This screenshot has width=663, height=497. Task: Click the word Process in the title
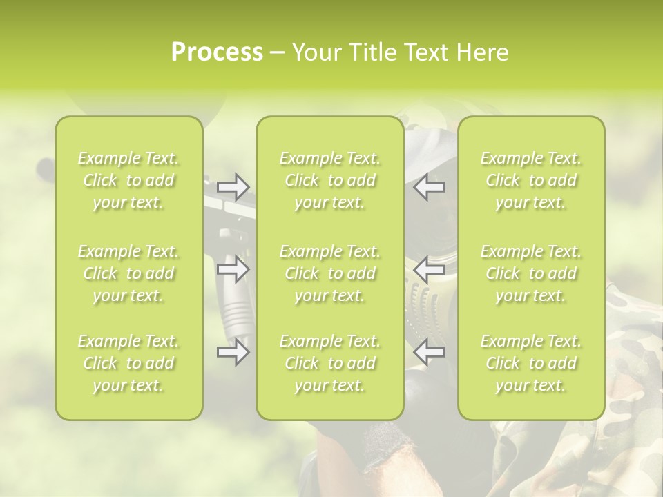pyautogui.click(x=217, y=52)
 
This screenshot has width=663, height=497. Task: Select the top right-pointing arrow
pyautogui.click(x=233, y=186)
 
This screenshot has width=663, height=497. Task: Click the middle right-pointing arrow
pyautogui.click(x=233, y=269)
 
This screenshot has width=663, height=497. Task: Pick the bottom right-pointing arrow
pyautogui.click(x=233, y=353)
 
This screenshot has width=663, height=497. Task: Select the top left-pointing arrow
pyautogui.click(x=430, y=186)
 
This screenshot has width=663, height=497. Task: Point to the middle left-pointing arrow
pyautogui.click(x=430, y=269)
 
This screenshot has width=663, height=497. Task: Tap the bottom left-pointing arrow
pyautogui.click(x=430, y=353)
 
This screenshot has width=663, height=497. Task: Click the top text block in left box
pyautogui.click(x=128, y=181)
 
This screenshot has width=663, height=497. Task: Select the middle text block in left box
pyautogui.click(x=128, y=273)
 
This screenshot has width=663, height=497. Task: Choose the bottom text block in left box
pyautogui.click(x=128, y=363)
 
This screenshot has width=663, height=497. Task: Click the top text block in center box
pyautogui.click(x=330, y=181)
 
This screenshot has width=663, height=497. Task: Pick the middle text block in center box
pyautogui.click(x=330, y=273)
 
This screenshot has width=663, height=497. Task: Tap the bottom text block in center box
pyautogui.click(x=330, y=363)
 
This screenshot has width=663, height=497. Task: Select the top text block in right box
pyautogui.click(x=531, y=181)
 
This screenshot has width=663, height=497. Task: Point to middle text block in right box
pyautogui.click(x=531, y=273)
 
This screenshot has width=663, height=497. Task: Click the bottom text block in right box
pyautogui.click(x=531, y=363)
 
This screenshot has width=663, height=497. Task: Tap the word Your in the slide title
pyautogui.click(x=316, y=52)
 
